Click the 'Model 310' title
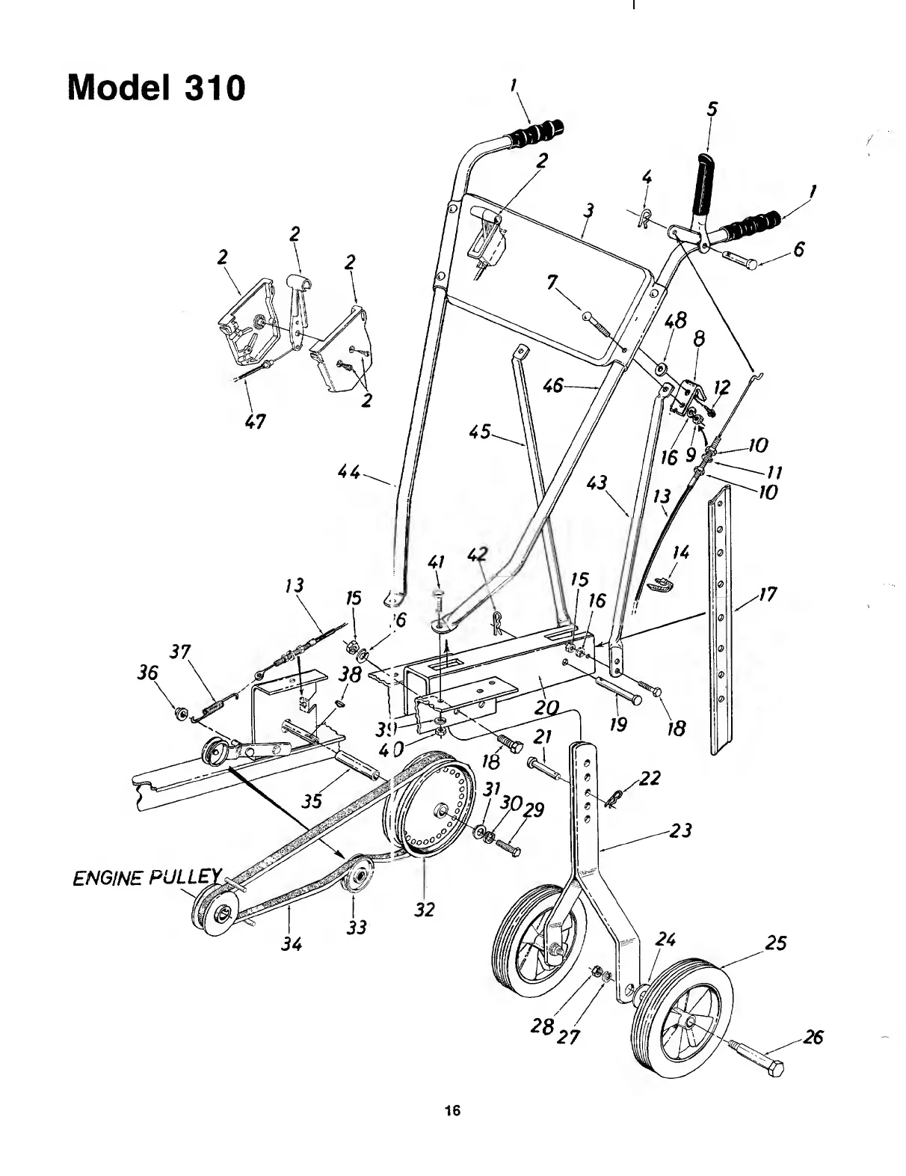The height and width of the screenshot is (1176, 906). point(156,88)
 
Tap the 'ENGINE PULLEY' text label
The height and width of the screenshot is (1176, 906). point(147,877)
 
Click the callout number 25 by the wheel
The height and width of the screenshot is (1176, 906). point(776,943)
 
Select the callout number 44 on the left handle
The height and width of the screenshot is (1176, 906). point(349,473)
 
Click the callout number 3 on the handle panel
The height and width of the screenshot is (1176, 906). point(589,212)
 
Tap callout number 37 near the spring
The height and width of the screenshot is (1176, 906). point(180,652)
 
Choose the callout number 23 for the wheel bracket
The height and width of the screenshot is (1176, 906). point(681,830)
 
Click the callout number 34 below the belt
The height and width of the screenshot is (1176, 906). point(292,944)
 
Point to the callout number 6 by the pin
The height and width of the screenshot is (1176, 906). point(798,250)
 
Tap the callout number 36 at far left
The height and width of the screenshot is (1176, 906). point(148,673)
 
